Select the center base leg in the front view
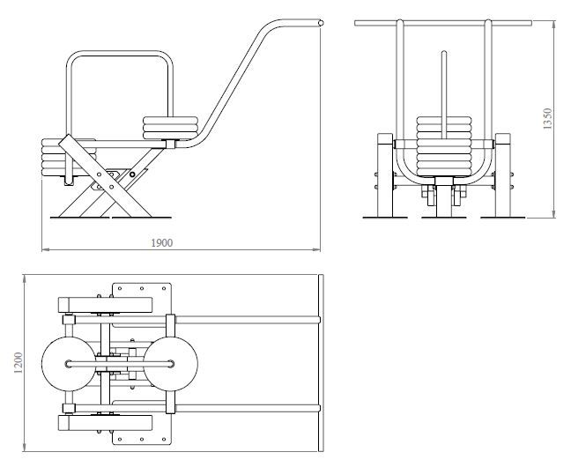pyautogui.click(x=442, y=202)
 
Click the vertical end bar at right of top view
pyautogui.click(x=321, y=362)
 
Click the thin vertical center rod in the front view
pyautogui.click(x=442, y=79)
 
